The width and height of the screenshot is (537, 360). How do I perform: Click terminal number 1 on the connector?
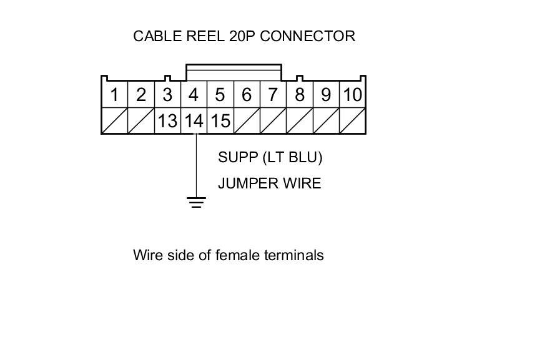pos(114,95)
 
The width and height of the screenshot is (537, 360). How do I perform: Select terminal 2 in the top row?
pos(140,95)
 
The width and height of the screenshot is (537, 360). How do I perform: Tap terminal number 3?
pos(167,95)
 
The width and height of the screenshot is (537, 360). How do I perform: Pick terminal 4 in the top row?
pos(194,95)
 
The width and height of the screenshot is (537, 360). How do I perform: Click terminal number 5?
pos(220,95)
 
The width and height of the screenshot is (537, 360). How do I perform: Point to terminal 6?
pos(246,95)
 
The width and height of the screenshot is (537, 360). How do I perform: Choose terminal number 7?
pos(273,95)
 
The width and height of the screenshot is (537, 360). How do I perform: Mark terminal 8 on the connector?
pos(300,95)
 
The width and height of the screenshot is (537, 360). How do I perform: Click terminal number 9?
pos(326,95)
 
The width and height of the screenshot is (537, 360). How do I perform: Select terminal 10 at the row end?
pos(352,95)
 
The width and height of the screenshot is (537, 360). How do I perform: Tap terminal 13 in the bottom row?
pos(167,120)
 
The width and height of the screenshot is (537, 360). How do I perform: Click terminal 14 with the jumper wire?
pos(194,120)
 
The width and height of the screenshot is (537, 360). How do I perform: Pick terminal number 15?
pos(220,120)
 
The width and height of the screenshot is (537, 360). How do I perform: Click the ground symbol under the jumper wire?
pos(196,202)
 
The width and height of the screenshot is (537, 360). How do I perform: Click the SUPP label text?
pos(238,157)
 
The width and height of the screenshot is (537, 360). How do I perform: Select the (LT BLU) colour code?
pos(292,157)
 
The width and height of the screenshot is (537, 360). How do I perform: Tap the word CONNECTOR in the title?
pos(307,36)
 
